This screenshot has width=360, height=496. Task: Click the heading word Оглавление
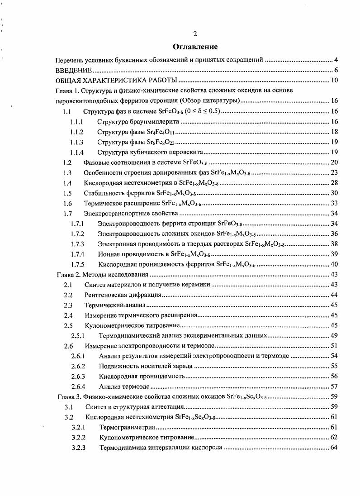[x=195, y=47]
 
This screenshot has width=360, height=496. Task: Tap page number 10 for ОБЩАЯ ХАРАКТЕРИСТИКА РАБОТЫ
[x=335, y=81]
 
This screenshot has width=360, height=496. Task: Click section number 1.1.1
[x=77, y=122]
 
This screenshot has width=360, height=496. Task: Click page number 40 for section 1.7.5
[x=335, y=264]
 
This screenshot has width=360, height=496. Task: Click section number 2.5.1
[x=79, y=336]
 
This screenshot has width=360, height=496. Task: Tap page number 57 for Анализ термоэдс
[x=335, y=386]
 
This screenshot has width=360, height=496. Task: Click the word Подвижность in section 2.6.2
[x=118, y=366]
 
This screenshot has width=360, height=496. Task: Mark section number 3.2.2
[x=79, y=438]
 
